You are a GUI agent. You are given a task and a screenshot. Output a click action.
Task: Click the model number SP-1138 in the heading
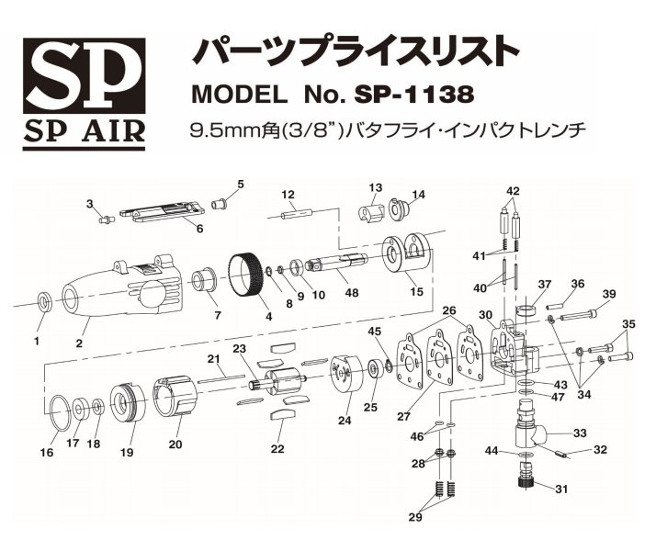click(x=417, y=94)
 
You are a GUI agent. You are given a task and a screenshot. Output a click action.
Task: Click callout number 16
click(x=47, y=453)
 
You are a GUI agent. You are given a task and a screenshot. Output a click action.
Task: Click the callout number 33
click(x=580, y=433)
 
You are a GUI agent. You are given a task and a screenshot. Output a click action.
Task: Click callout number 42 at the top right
click(x=513, y=191)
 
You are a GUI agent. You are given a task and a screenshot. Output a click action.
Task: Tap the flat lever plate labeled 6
click(x=165, y=214)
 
